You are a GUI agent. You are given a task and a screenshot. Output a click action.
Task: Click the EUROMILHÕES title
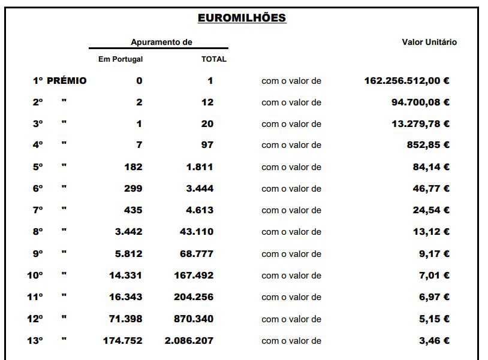(x=242, y=18)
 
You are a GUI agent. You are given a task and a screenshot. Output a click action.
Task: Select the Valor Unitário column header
(x=429, y=43)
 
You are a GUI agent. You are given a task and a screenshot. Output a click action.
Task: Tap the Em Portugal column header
(x=121, y=59)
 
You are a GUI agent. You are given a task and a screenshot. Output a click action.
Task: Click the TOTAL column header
(x=213, y=59)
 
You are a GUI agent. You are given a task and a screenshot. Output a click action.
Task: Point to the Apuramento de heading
(x=161, y=43)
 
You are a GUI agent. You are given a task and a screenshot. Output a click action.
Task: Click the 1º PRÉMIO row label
(x=59, y=81)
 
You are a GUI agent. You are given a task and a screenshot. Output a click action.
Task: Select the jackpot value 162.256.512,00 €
(x=407, y=81)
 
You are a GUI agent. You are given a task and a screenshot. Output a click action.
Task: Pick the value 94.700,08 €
(x=420, y=102)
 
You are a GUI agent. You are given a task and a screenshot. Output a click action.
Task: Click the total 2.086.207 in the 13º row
(x=189, y=341)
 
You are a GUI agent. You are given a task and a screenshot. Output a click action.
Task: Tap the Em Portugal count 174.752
(x=122, y=341)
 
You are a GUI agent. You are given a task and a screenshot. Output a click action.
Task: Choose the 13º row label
(x=35, y=341)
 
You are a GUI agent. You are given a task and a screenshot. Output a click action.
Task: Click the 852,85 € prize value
(x=428, y=145)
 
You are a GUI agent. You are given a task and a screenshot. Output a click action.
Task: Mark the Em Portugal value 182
(x=133, y=167)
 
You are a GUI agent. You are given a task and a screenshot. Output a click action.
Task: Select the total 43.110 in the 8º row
(x=197, y=232)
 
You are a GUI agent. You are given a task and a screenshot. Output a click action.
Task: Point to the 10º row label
(x=35, y=276)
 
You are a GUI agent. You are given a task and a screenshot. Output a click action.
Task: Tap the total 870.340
(x=194, y=319)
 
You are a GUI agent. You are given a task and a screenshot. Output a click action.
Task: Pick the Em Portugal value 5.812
(x=129, y=254)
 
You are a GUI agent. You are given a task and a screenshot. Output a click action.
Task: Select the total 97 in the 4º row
(x=207, y=145)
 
